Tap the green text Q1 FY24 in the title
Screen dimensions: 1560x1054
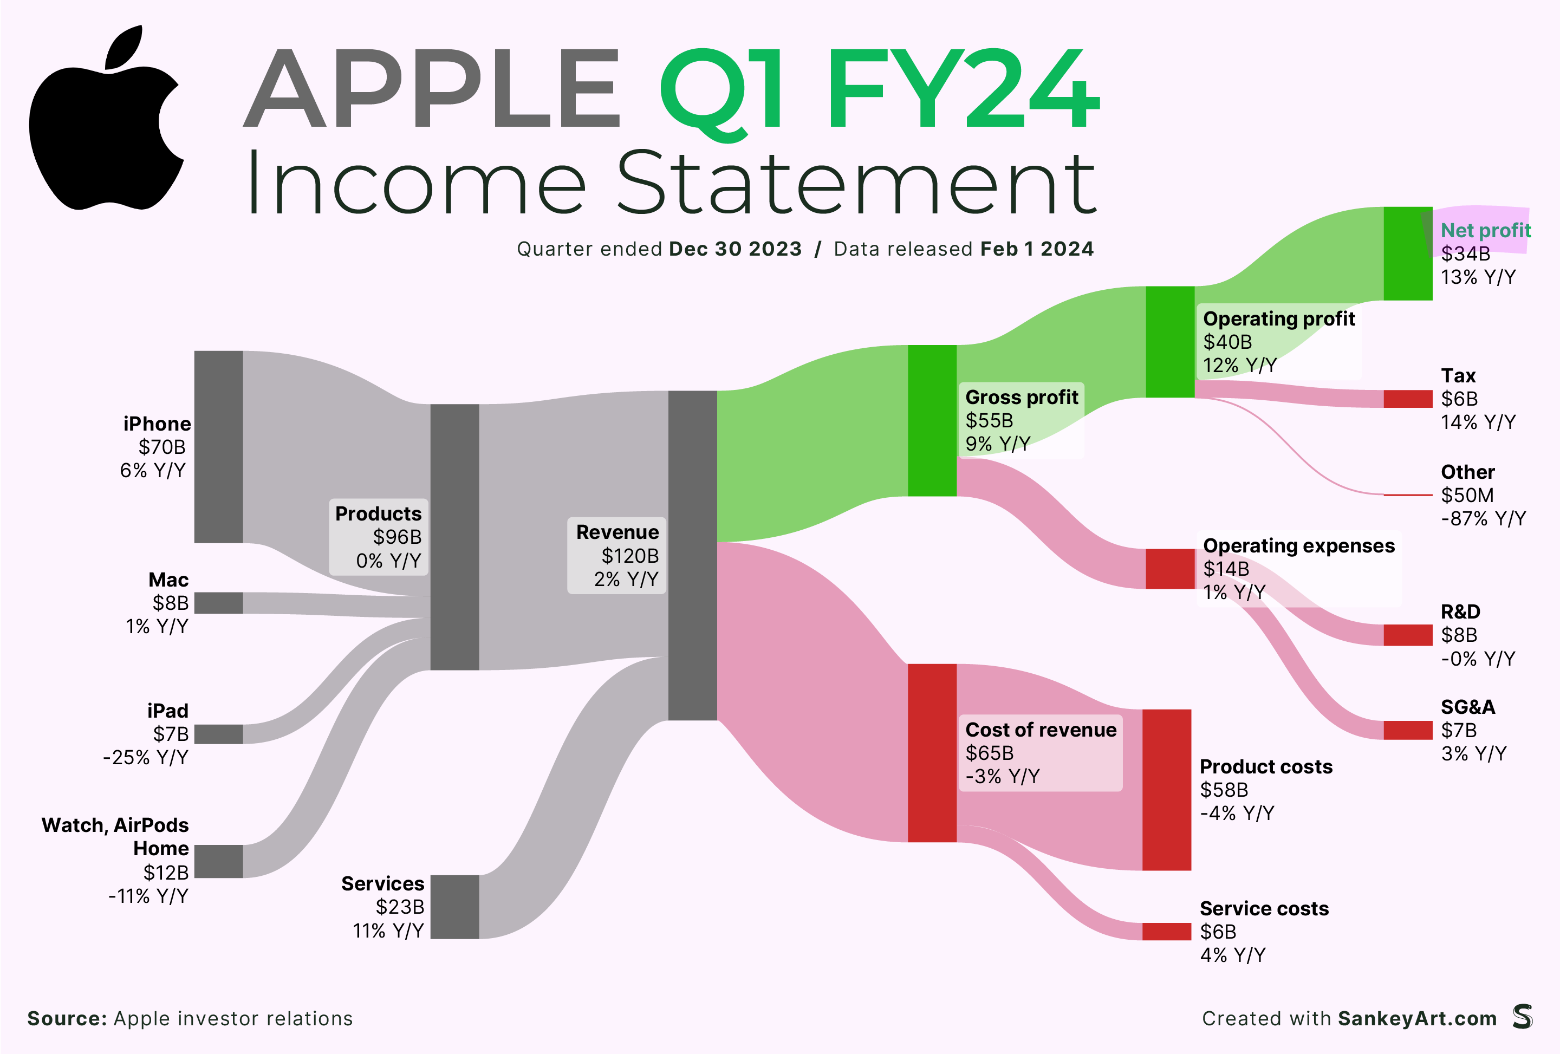pos(879,90)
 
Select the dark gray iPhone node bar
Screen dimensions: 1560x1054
pos(218,446)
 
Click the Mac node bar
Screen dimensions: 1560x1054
pos(218,603)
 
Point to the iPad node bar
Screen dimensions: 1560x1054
pos(218,734)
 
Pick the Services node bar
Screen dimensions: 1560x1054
pos(454,906)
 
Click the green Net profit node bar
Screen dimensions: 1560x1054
pos(1408,253)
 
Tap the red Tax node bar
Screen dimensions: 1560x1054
pos(1408,398)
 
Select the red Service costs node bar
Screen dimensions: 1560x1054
pos(1167,931)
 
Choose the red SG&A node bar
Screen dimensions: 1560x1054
pos(1408,730)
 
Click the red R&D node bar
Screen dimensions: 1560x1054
pos(1408,634)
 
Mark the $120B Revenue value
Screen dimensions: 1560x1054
pos(629,556)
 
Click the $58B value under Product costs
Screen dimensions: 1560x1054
pos(1224,790)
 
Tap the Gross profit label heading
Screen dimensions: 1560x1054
pos(1022,398)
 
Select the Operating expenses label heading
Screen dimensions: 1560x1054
pos(1299,546)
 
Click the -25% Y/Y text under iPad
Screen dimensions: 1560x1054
pos(146,757)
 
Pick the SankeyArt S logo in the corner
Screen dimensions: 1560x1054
pos(1523,1017)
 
